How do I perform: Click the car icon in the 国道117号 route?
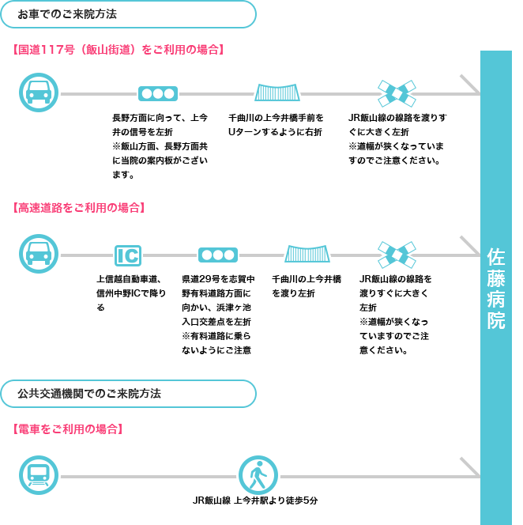tap(39, 93)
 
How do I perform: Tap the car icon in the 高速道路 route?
tap(39, 254)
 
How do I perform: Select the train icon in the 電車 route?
tap(39, 475)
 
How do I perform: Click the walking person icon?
tap(258, 475)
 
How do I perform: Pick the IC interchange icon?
tap(128, 255)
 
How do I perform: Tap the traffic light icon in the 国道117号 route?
tap(158, 94)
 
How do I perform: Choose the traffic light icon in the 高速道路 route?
tap(218, 255)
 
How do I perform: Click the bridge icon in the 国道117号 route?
tap(277, 93)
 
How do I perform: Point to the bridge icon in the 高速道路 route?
tap(307, 254)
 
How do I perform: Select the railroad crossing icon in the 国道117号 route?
tap(397, 93)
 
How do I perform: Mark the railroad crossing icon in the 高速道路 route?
tap(397, 255)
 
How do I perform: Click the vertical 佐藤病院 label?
tap(496, 289)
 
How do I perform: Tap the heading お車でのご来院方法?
tap(67, 14)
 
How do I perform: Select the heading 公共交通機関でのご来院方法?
tap(89, 394)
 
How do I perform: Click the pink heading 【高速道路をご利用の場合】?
tap(79, 208)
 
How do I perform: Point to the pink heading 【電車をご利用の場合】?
tap(68, 429)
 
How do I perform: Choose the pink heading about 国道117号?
tap(119, 50)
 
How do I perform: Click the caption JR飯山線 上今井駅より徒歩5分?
tap(255, 500)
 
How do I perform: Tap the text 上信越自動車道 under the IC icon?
tap(129, 279)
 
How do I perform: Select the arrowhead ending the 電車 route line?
tap(471, 467)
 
